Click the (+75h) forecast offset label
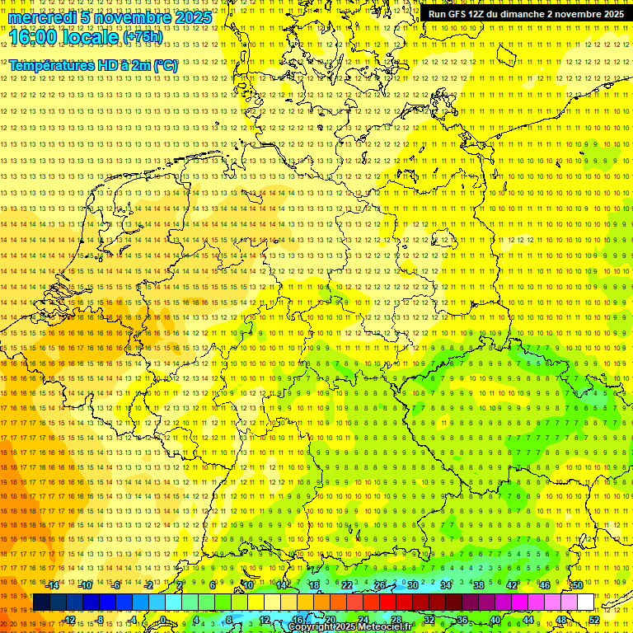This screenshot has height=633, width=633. [x=143, y=37]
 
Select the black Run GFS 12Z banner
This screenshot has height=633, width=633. [x=525, y=14]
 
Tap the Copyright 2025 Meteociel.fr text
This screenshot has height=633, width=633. [x=361, y=626]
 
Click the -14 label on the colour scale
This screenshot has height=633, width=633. [x=53, y=585]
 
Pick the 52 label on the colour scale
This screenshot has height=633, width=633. [x=594, y=620]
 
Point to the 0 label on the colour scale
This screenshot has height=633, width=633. [x=163, y=620]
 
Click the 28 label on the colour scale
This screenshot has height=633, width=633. [x=396, y=620]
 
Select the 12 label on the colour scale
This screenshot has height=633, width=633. [x=265, y=620]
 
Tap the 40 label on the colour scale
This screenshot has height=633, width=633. [x=495, y=620]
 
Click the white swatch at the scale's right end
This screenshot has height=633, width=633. [x=585, y=603]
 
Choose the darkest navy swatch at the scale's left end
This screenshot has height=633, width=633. [x=41, y=603]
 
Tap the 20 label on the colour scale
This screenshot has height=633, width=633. [x=330, y=620]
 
